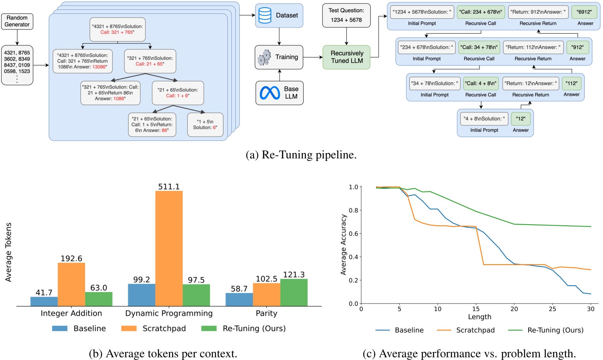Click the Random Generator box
[17, 21]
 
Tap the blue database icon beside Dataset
[265, 16]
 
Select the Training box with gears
[279, 57]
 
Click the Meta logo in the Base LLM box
[270, 93]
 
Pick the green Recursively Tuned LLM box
[346, 57]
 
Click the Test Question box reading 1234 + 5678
[346, 15]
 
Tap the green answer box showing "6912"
[584, 12]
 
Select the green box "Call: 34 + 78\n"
[479, 47]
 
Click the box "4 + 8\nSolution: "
[484, 119]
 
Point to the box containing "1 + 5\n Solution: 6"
[205, 125]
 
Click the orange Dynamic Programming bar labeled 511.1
[169, 248]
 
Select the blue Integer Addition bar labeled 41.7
[44, 301]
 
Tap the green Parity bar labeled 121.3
[294, 292]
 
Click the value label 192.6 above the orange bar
[71, 259]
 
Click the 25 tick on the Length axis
[552, 309]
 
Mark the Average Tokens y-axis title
[8, 252]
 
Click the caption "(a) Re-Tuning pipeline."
[301, 155]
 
